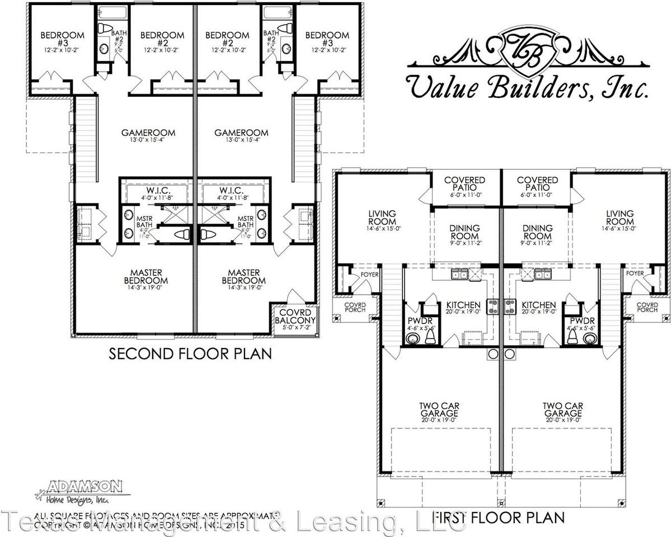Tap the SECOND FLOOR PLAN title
[x=190, y=354]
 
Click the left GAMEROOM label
[x=148, y=136]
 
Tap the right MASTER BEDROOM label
[x=243, y=280]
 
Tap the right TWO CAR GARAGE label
[x=560, y=411]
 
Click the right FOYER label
[x=635, y=274]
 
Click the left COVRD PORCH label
[x=354, y=307]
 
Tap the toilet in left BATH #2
[x=105, y=29]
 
